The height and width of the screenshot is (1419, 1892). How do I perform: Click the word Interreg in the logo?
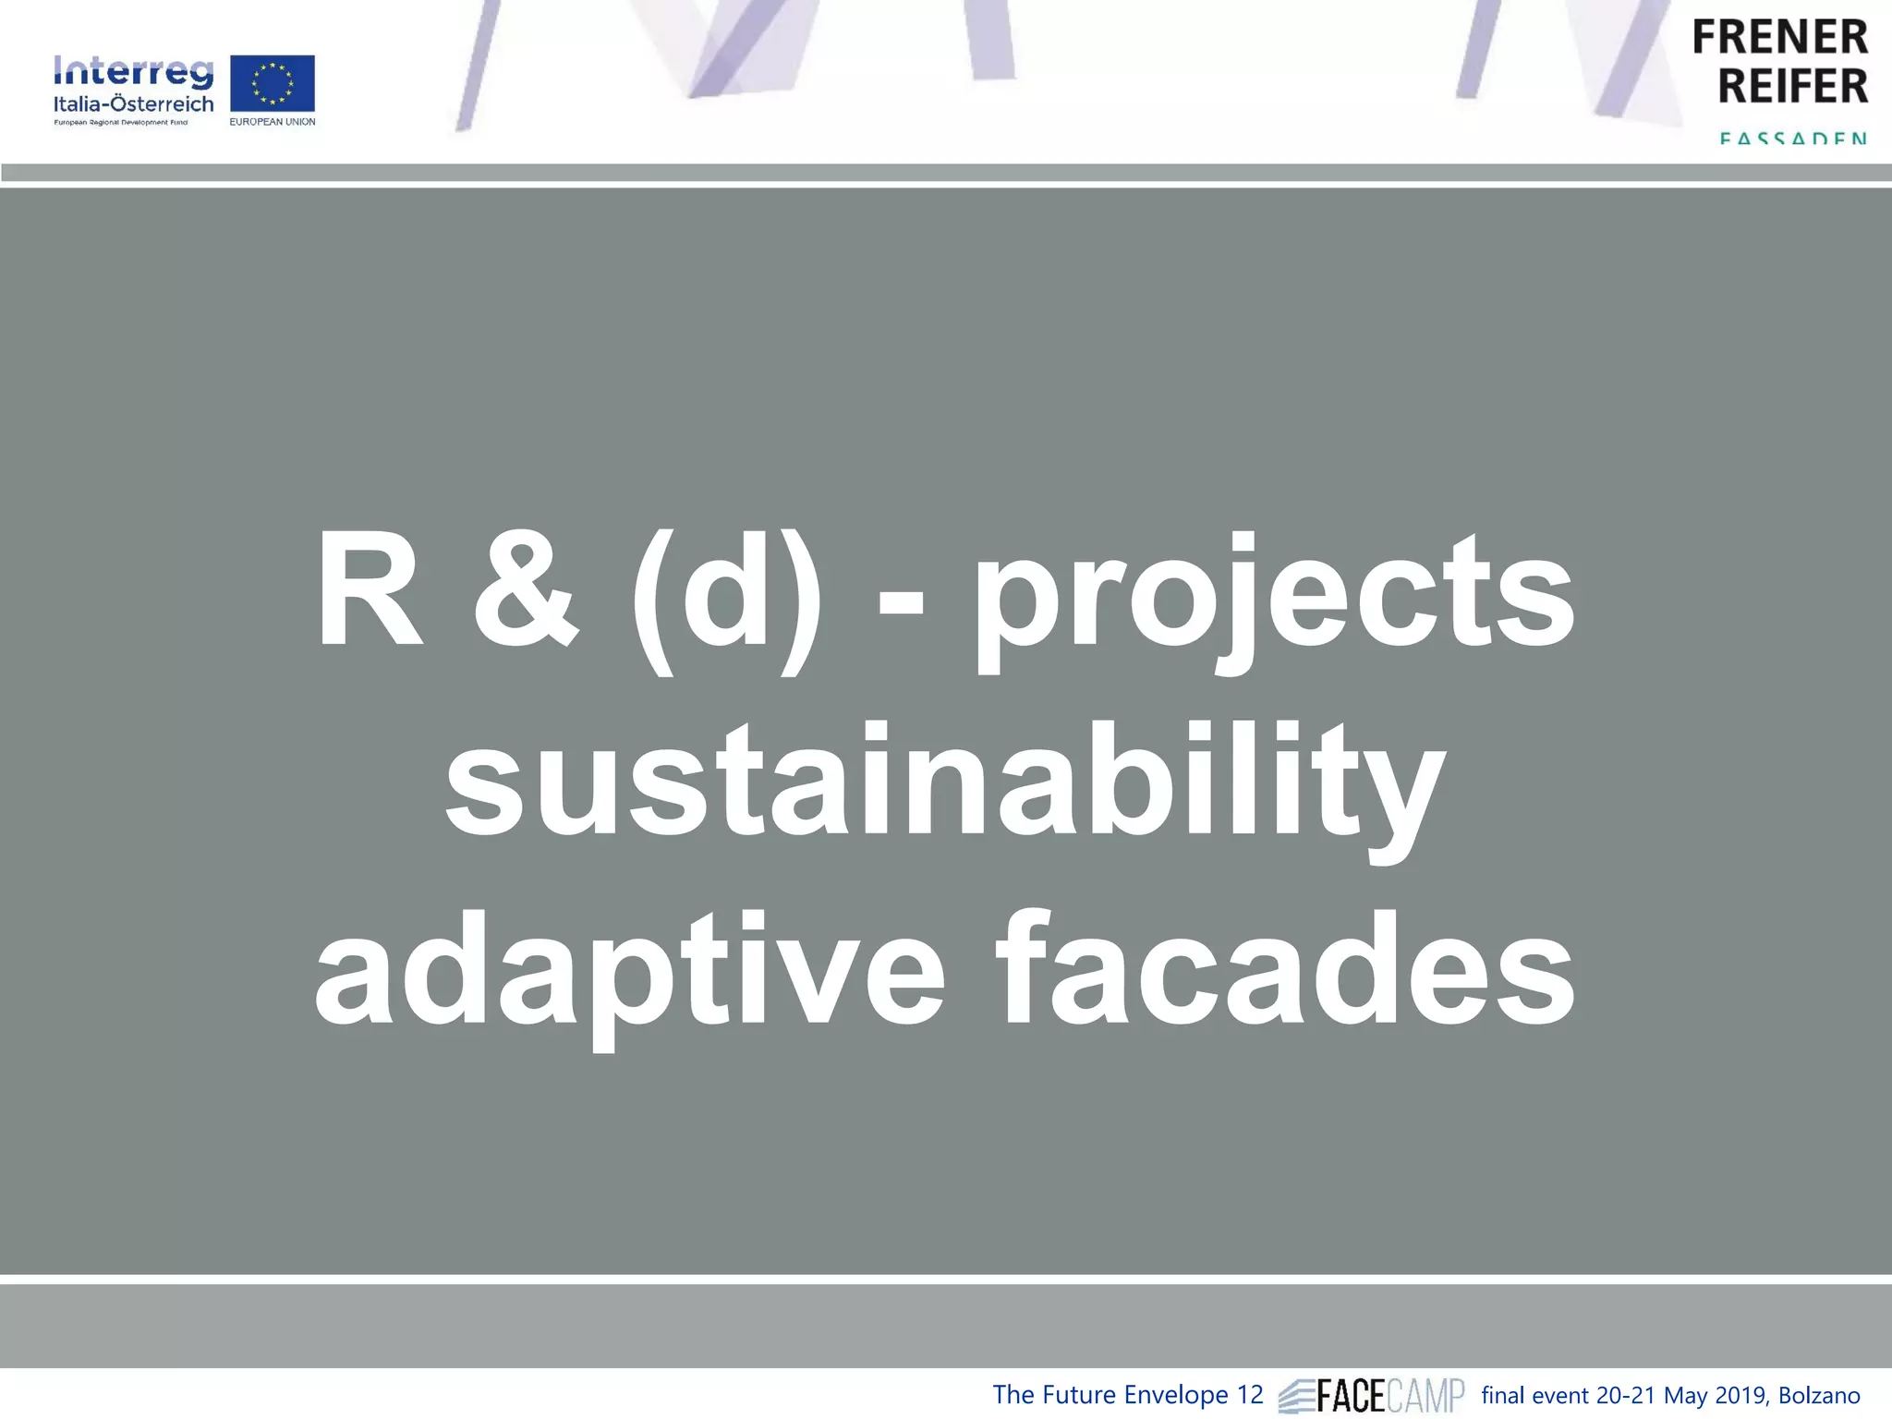click(133, 72)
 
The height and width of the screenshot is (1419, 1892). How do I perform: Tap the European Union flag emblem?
click(272, 84)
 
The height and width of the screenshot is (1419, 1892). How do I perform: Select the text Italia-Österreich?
click(133, 104)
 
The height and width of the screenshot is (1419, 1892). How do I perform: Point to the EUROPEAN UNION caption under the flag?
click(273, 122)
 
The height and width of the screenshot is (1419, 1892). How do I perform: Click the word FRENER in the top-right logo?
click(1779, 39)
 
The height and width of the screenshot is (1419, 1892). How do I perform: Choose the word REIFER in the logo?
click(1792, 87)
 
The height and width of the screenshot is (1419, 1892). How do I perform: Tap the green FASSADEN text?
click(1793, 139)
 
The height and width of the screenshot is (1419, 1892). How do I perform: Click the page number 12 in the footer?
click(1249, 1395)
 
